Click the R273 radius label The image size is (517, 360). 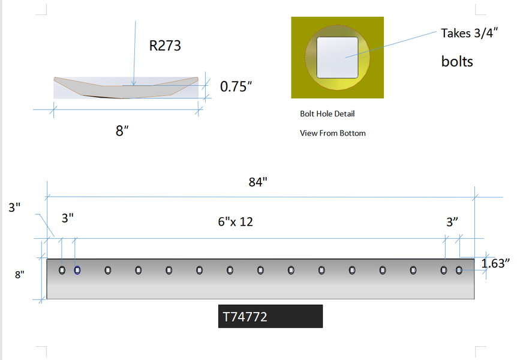click(x=165, y=46)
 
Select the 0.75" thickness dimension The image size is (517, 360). click(x=236, y=87)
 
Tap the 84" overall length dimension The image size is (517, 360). click(x=257, y=182)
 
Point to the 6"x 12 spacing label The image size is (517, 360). click(x=236, y=222)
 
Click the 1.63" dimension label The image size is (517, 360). click(x=495, y=263)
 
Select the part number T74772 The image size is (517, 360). click(x=245, y=317)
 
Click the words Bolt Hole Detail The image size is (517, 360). click(x=327, y=114)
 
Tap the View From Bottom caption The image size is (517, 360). click(x=333, y=133)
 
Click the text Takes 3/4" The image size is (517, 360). click(x=469, y=34)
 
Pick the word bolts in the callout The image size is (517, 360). click(x=457, y=62)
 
